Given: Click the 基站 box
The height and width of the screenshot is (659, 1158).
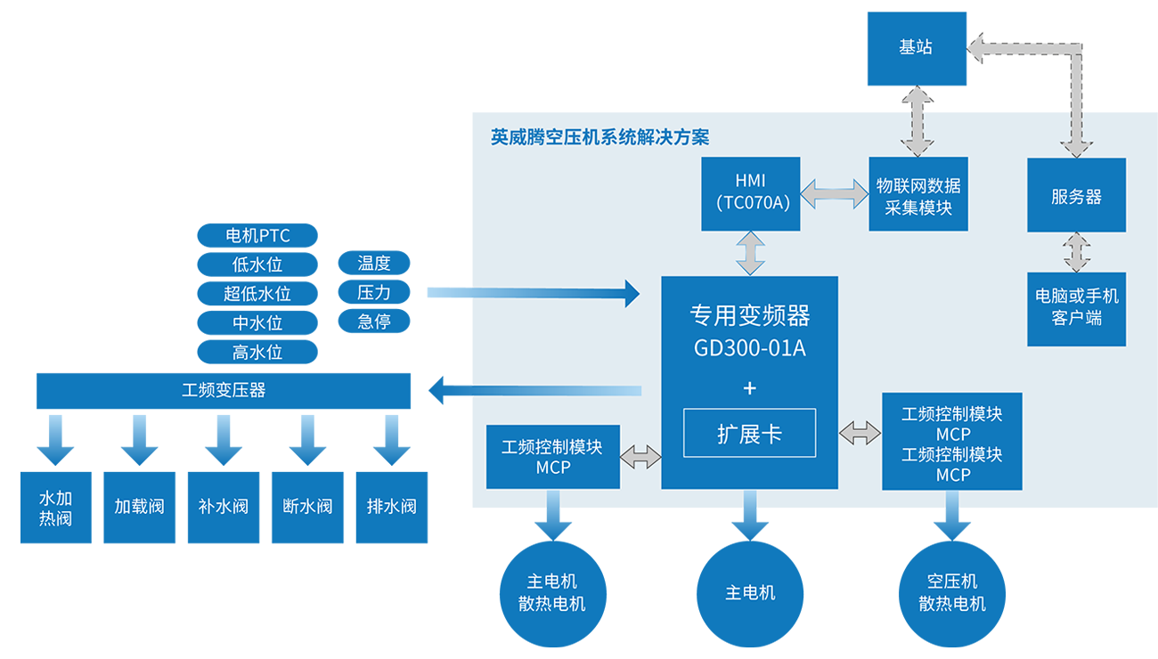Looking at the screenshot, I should tap(916, 48).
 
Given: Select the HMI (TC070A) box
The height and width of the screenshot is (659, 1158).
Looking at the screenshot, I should tap(750, 193).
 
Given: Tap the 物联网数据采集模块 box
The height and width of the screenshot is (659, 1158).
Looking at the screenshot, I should tap(917, 193).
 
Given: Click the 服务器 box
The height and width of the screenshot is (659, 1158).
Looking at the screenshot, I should tap(1076, 195).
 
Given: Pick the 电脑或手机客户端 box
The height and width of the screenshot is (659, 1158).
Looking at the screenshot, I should tap(1076, 308).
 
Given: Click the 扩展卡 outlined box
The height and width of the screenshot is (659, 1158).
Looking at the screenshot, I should tap(749, 433).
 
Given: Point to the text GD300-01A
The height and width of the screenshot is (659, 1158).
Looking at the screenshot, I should tap(749, 348).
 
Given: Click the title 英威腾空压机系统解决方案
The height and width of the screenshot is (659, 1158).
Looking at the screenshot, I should tap(599, 137).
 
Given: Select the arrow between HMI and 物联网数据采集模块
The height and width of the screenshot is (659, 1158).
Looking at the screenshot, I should tap(835, 193).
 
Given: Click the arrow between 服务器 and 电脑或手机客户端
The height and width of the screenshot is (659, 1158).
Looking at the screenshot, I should tap(1077, 252).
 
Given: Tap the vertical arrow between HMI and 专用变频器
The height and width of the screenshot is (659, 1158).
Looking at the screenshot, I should tap(750, 253).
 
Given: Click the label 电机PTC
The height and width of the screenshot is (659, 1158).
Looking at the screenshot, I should tap(257, 236).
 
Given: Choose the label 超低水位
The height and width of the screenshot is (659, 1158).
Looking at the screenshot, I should tap(257, 294).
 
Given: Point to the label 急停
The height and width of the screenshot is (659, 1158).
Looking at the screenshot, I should tap(374, 321).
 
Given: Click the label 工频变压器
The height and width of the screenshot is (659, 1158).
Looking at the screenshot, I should tap(224, 390).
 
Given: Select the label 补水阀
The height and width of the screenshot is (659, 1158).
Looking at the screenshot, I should tap(223, 507).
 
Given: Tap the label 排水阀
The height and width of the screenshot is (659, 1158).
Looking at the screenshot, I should tap(391, 507).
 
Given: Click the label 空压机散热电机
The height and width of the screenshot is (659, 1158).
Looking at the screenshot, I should tap(952, 592).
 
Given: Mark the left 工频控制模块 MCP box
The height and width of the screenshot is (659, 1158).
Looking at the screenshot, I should tap(552, 457).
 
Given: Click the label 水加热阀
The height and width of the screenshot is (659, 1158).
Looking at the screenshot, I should tap(55, 508).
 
